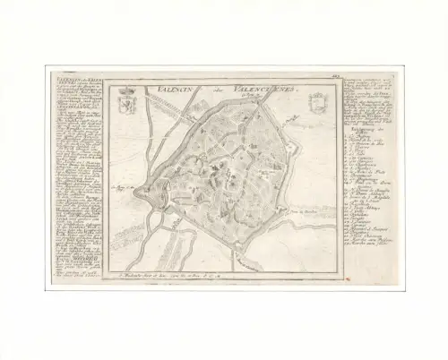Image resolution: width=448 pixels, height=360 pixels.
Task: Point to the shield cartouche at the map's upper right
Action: click(x=315, y=99)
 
